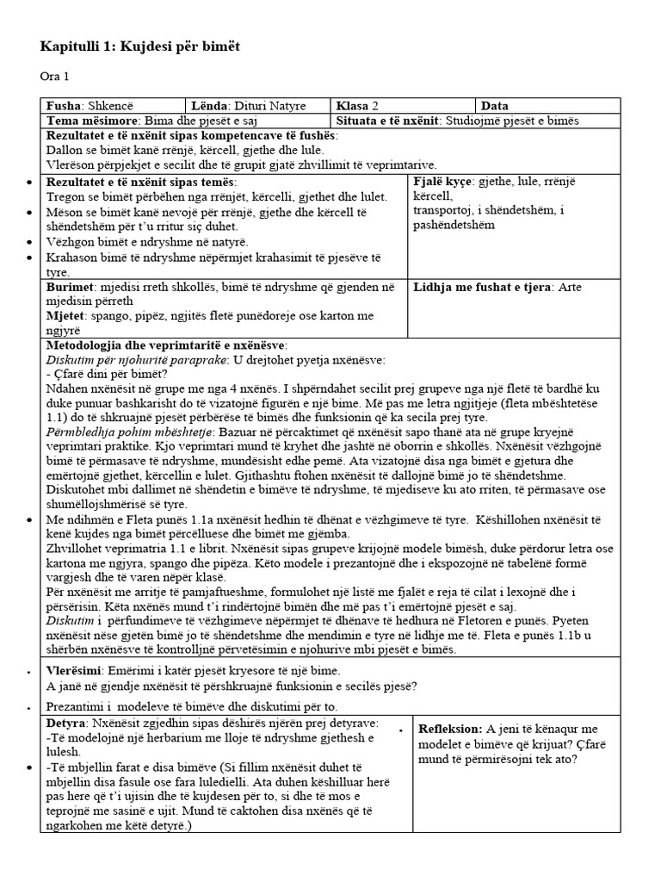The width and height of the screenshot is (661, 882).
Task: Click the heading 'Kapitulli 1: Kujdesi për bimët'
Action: pos(140,46)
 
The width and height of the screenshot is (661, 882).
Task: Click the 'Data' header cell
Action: pos(495,106)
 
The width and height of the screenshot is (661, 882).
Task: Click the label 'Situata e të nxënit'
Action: pos(389,121)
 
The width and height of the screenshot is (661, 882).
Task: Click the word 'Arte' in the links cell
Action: pos(571,287)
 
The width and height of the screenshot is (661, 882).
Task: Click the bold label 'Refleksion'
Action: pos(451,729)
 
